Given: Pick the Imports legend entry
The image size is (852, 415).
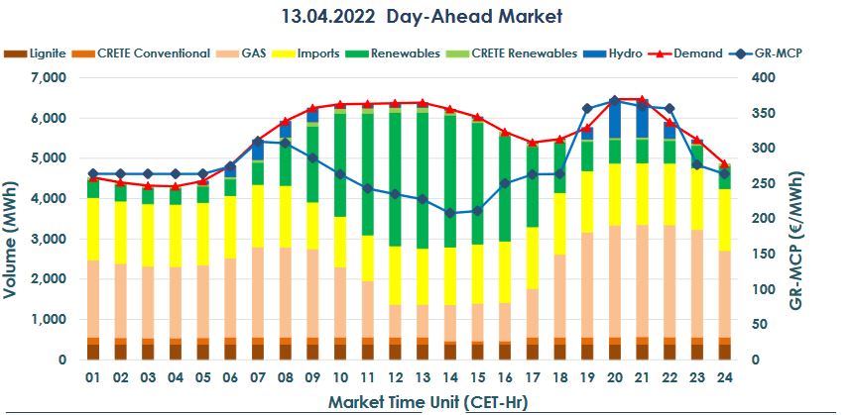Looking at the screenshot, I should (316, 52).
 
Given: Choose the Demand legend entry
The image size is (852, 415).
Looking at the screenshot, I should (692, 52).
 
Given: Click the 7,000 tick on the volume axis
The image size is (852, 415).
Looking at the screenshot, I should (48, 77).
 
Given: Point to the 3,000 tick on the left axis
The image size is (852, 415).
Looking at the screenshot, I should (48, 240).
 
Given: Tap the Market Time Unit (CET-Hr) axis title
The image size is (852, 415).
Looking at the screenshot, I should (421, 402).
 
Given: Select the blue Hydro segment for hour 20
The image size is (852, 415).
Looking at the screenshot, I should (615, 119).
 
